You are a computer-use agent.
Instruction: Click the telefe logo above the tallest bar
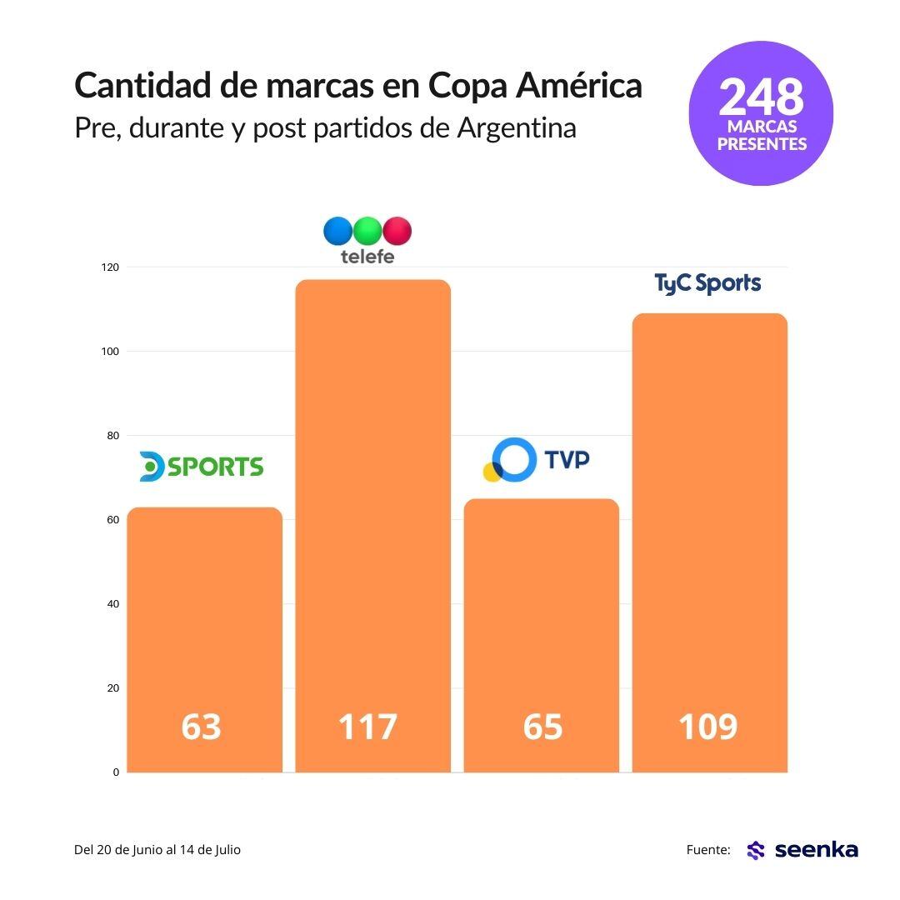[367, 240]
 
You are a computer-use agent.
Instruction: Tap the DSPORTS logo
[202, 467]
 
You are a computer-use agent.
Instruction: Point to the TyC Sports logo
[707, 284]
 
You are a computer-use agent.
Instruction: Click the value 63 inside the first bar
[202, 727]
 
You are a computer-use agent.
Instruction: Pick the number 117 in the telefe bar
[367, 727]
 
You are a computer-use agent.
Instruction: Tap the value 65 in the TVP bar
[542, 727]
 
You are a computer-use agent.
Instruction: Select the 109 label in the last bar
[707, 727]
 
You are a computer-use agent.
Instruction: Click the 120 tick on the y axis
[111, 267]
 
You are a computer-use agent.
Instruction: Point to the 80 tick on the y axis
[113, 436]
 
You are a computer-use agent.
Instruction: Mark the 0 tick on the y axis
[116, 772]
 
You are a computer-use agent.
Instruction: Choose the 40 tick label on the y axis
[113, 604]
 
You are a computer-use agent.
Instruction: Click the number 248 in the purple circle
[761, 97]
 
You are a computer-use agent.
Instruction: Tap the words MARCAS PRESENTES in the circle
[762, 136]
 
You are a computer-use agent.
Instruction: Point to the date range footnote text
[157, 850]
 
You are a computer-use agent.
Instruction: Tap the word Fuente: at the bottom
[708, 850]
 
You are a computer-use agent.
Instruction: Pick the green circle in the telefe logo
[367, 230]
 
